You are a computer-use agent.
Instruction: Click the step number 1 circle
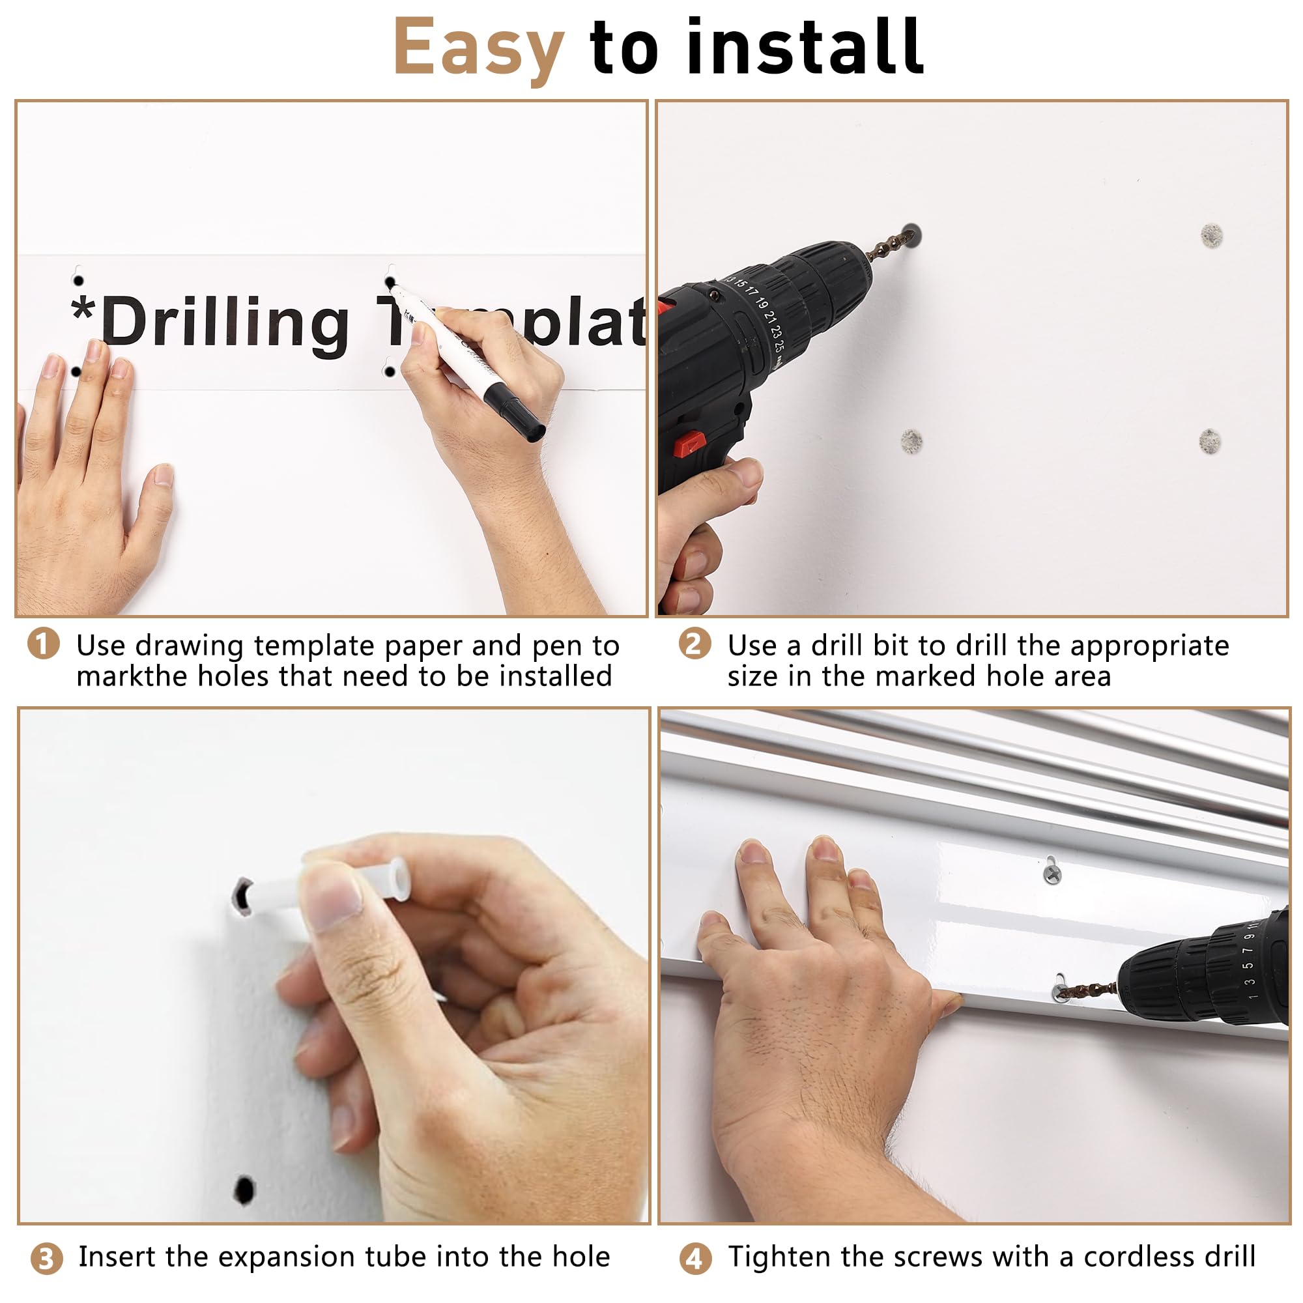[44, 644]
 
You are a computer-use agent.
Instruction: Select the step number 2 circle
[694, 644]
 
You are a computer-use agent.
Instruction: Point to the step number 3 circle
[46, 1259]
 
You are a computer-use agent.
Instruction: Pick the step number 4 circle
[695, 1259]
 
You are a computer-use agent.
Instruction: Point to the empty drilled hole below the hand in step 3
[244, 1190]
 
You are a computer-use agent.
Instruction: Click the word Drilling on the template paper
[225, 323]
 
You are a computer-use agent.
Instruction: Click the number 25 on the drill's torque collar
[780, 345]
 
